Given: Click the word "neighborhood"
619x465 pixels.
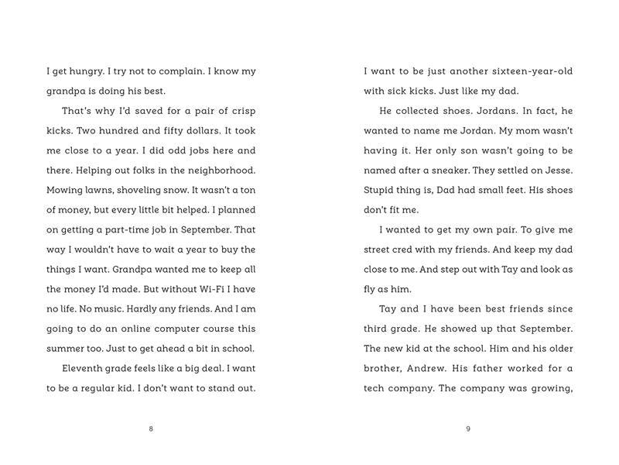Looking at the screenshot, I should (x=217, y=170).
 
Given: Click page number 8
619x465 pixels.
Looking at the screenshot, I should (x=151, y=429).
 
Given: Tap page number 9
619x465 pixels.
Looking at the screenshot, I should (x=468, y=429).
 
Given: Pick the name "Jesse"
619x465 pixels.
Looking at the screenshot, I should (x=556, y=170).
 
